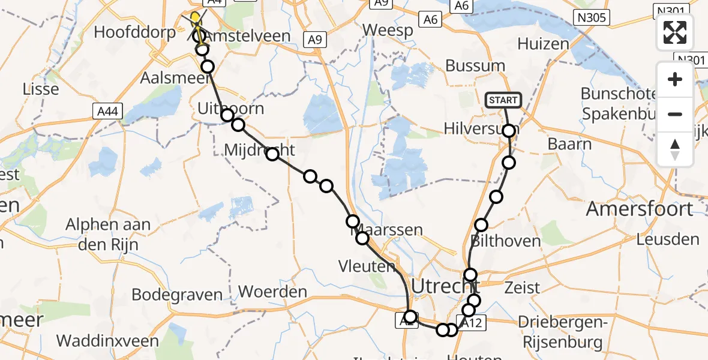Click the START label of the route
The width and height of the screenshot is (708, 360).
tap(503, 100)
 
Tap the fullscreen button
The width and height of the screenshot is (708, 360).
tap(675, 32)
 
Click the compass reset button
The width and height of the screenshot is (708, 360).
tap(675, 149)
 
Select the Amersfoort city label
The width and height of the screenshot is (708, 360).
tap(640, 209)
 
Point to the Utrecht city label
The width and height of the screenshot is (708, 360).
tap(441, 286)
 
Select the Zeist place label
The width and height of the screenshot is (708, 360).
tap(523, 287)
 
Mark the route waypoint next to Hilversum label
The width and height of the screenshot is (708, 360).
tap(509, 131)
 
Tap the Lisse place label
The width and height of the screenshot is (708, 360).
tap(40, 89)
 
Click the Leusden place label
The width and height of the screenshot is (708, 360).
tap(667, 239)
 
